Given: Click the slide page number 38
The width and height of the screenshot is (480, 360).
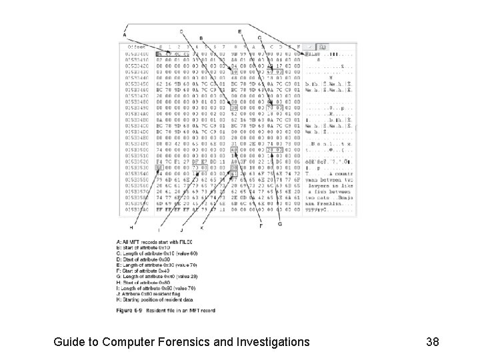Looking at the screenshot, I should click(x=431, y=342).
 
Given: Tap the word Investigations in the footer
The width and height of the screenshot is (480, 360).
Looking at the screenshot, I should click(x=269, y=342).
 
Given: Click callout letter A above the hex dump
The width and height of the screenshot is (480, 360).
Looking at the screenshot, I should click(x=125, y=35).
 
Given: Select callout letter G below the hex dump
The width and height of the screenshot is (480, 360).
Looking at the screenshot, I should click(x=279, y=223).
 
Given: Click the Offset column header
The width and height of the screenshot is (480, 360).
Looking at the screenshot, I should click(x=137, y=47).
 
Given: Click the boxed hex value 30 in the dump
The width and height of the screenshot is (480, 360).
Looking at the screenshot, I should click(x=233, y=107).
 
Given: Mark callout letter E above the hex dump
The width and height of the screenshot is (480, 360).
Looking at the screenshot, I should click(x=239, y=31).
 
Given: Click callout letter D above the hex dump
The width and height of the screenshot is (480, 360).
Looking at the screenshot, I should click(x=181, y=31).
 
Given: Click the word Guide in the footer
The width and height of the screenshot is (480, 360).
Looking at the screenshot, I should click(x=70, y=342).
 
